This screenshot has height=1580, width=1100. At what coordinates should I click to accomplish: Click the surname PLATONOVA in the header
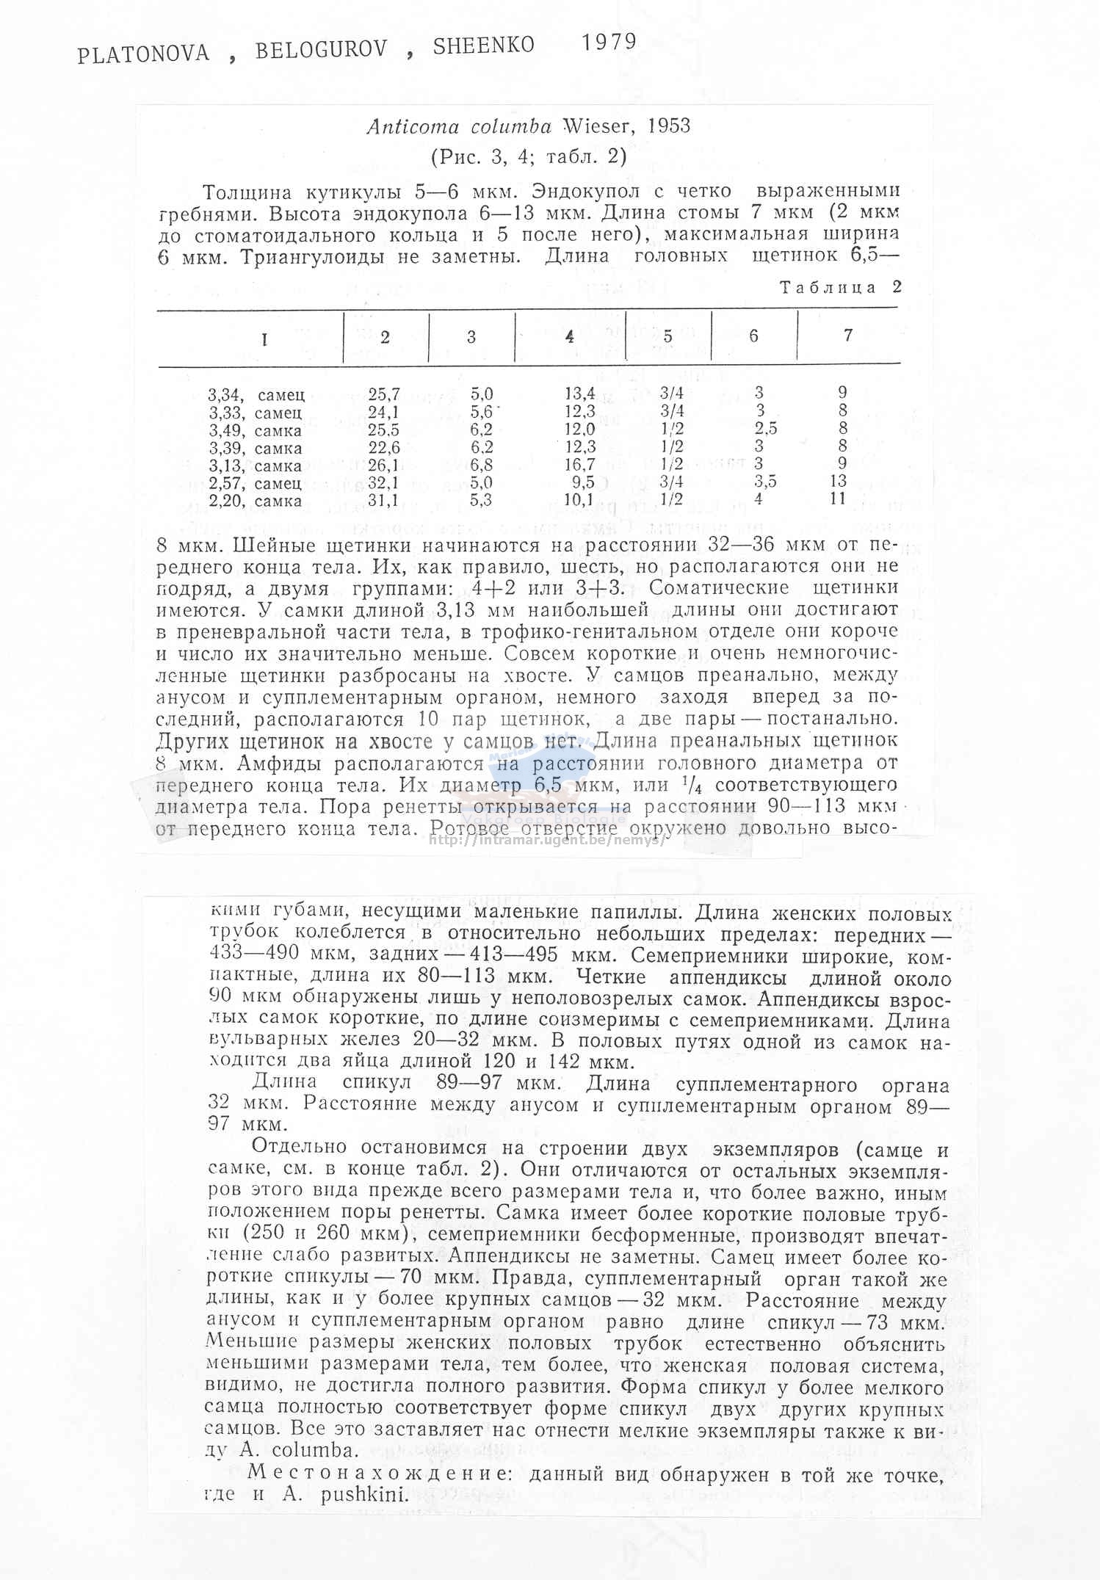pos(144,52)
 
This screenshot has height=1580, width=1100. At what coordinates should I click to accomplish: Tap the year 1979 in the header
pos(609,42)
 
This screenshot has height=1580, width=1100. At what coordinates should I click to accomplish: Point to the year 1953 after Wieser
pos(669,126)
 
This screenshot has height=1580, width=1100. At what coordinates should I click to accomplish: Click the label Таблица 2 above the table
pos(840,287)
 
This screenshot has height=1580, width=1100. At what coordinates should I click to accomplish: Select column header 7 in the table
pos(847,336)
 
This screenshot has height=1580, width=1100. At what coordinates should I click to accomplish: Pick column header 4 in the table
pos(570,337)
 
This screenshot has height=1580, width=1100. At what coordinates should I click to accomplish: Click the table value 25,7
pos(384,394)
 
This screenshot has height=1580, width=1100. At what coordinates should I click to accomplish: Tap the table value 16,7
pos(579,465)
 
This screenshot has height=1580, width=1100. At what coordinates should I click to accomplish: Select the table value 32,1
pos(383,482)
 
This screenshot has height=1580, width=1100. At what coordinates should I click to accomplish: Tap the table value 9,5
pos(582,483)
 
